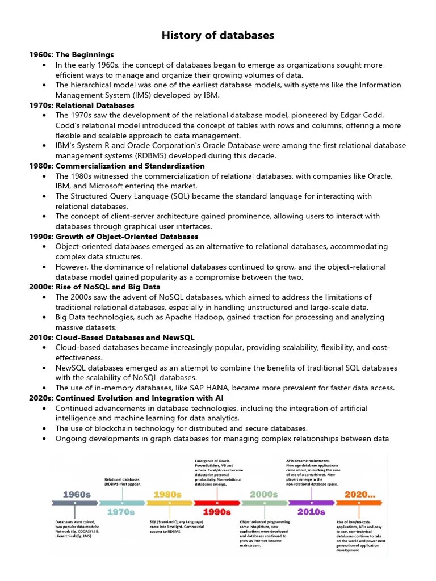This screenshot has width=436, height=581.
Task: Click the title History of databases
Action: (218, 35)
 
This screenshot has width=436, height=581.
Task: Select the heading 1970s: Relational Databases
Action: (82, 105)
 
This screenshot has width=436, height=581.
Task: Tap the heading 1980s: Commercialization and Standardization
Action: (117, 166)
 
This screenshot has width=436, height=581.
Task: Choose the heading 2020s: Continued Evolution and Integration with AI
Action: (127, 398)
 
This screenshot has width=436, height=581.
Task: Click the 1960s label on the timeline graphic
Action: (77, 494)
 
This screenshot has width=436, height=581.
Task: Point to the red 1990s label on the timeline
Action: (217, 512)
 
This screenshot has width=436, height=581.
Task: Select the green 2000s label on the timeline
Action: (264, 494)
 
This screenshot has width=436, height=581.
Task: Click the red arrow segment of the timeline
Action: (217, 503)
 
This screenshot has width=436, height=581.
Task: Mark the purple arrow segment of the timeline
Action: (311, 503)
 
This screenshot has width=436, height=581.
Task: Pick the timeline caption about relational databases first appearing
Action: (122, 482)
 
